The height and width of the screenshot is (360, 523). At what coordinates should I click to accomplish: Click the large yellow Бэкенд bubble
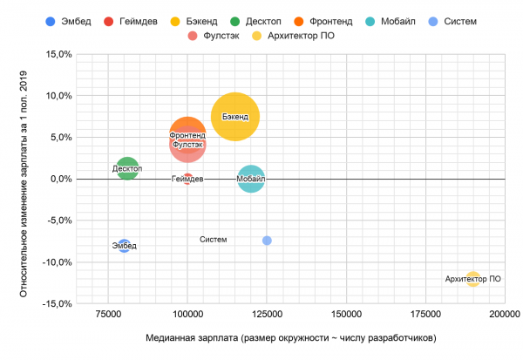tap(234, 116)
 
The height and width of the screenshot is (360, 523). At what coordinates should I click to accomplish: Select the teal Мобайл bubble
tap(250, 179)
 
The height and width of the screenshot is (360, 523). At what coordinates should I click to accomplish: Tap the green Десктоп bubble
tap(127, 168)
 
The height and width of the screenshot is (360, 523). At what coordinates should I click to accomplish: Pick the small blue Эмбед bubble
tap(124, 246)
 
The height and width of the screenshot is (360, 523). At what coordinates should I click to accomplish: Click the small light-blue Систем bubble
tap(267, 241)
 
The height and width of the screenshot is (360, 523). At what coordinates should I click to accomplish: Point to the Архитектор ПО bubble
tap(473, 279)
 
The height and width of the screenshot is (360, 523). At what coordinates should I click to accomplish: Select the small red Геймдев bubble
tap(187, 179)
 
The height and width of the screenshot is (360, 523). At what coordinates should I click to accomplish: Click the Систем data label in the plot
tap(213, 240)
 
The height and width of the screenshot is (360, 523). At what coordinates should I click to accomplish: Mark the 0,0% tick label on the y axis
tap(58, 179)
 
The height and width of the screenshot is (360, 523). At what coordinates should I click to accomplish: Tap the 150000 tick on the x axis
tap(346, 312)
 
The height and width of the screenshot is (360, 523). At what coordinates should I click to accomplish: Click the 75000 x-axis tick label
tap(108, 312)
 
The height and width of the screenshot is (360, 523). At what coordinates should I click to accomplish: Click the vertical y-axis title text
tap(24, 179)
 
